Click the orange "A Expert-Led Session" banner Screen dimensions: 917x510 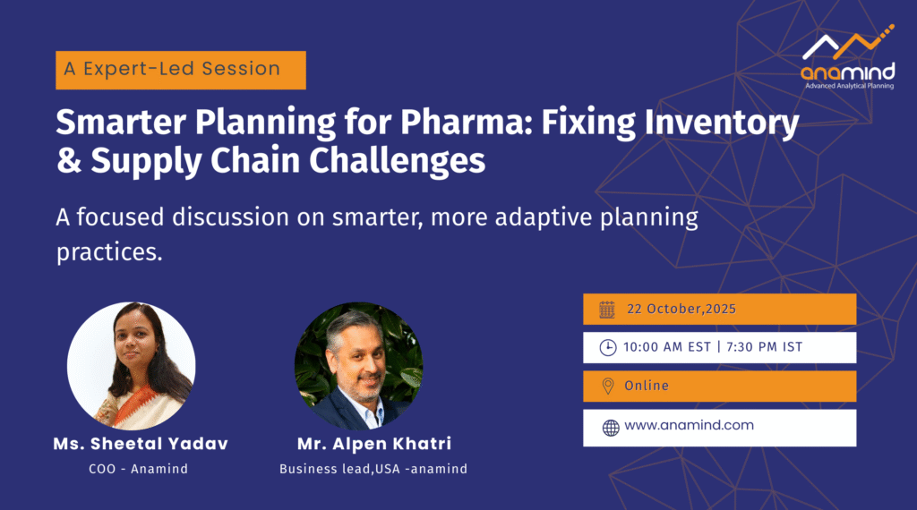tap(181, 70)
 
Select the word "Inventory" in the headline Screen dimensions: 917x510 tap(722, 123)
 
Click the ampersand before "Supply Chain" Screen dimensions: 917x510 tap(69, 160)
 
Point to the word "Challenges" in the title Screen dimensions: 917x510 tap(397, 161)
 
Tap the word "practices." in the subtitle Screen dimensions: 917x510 tap(109, 252)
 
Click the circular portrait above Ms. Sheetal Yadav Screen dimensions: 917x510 tap(132, 366)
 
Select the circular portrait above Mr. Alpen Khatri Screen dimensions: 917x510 tap(358, 366)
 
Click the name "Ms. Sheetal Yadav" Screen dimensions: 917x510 tap(141, 444)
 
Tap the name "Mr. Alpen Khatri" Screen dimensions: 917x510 tap(374, 444)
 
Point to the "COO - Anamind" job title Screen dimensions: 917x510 tap(139, 469)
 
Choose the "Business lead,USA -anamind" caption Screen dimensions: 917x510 tap(373, 469)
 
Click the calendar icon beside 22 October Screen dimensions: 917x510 tap(607, 310)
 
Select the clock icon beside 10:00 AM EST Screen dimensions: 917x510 tap(608, 347)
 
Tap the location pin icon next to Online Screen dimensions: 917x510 tap(608, 387)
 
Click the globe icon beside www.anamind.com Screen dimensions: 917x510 tap(611, 429)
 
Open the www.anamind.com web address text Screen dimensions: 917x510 tap(689, 425)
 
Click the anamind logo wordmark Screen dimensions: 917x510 tap(847, 72)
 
